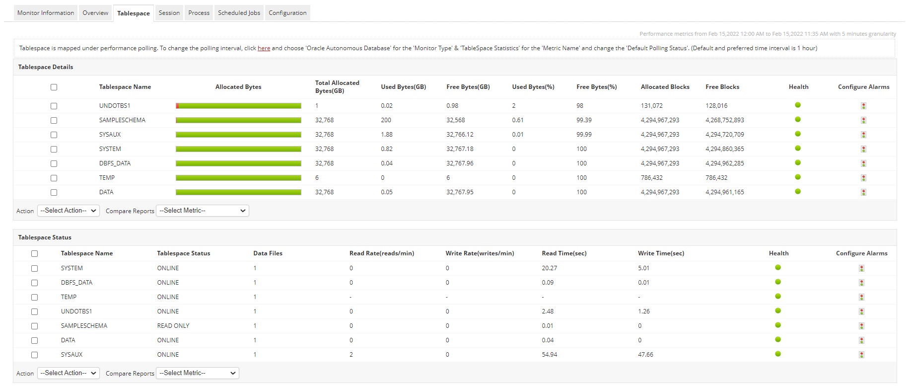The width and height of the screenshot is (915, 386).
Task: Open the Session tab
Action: [x=169, y=13]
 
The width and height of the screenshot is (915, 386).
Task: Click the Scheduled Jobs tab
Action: [x=239, y=13]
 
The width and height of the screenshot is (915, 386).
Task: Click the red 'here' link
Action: [x=264, y=48]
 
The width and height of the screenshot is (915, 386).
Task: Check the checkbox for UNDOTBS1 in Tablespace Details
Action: [x=54, y=106]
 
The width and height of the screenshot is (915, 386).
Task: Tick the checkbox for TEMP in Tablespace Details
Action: [x=54, y=178]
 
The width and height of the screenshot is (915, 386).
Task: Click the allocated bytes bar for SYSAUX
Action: [x=238, y=135]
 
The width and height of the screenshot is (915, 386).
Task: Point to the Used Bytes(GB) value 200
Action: [x=386, y=120]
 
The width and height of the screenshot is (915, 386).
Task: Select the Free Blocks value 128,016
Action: [x=716, y=106]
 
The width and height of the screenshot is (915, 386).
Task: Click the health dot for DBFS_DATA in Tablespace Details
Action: [x=798, y=162]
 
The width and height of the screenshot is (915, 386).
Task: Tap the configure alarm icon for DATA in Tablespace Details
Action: [x=863, y=192]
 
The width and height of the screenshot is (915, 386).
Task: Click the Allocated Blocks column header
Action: [x=665, y=87]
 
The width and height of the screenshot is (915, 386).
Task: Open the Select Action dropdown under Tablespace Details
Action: [x=69, y=211]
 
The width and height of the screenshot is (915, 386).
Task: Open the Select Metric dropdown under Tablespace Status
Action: [x=198, y=373]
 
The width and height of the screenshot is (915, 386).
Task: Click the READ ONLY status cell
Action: [x=173, y=326]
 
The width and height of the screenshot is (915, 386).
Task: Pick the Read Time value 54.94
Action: [x=549, y=355]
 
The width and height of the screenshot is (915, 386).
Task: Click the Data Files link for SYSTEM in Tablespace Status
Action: [x=255, y=268]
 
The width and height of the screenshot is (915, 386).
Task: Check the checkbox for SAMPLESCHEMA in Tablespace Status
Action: [x=34, y=326]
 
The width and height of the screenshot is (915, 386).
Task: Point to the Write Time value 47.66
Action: [x=645, y=355]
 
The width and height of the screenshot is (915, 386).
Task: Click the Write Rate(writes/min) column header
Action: [x=480, y=253]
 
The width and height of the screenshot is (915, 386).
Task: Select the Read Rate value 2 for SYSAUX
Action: [x=351, y=355]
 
